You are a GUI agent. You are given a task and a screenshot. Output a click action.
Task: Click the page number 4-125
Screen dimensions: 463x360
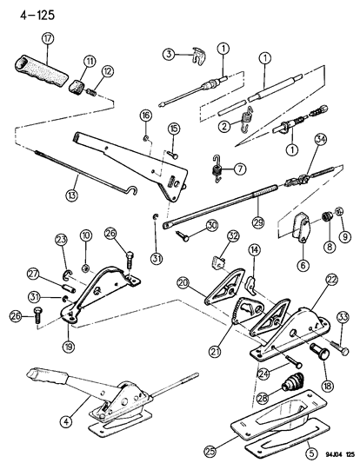[x=28, y=11]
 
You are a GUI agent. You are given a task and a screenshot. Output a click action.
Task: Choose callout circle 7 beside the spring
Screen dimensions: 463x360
[x=239, y=167]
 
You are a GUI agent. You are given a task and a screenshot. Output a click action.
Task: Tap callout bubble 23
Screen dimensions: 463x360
[x=61, y=240]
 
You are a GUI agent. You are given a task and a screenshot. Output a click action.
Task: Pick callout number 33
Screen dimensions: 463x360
[x=342, y=317]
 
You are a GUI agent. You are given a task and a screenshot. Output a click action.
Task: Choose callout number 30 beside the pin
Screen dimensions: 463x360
[x=210, y=225]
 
